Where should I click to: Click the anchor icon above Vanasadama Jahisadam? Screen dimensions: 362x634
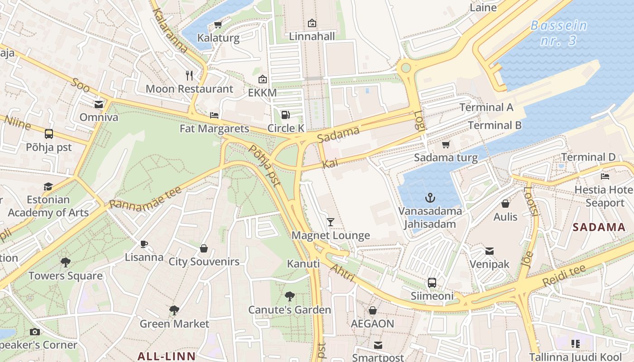pos(430,198)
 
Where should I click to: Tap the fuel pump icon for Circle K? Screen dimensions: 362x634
pos(285,115)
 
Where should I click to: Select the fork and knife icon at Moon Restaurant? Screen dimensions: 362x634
pos(189,76)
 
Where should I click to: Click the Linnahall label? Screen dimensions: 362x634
pos(312,36)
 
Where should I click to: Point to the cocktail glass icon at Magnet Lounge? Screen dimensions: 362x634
pos(331,222)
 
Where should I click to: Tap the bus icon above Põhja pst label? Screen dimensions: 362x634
pos(49,134)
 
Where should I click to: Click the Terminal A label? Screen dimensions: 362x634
pos(486,107)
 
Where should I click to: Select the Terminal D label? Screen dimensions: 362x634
pos(588,157)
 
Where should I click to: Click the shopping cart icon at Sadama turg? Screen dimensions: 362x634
pos(446,145)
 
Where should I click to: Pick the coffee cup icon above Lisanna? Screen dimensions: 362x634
pos(144,244)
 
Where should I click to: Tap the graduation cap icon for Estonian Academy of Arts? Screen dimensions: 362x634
pos(48,186)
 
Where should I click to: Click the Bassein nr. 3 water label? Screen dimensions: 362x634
pos(559,33)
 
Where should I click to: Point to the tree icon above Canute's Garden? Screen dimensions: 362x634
pos(290,296)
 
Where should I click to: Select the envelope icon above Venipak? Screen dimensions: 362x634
pos(490,251)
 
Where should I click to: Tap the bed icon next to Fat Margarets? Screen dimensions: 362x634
pos(214,115)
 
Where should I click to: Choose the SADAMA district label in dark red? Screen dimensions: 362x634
pos(599,227)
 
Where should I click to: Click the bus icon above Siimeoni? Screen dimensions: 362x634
pos(432,283)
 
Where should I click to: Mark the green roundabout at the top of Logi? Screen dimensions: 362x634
pos(406,68)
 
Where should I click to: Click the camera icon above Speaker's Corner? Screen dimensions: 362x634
pos(35,332)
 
